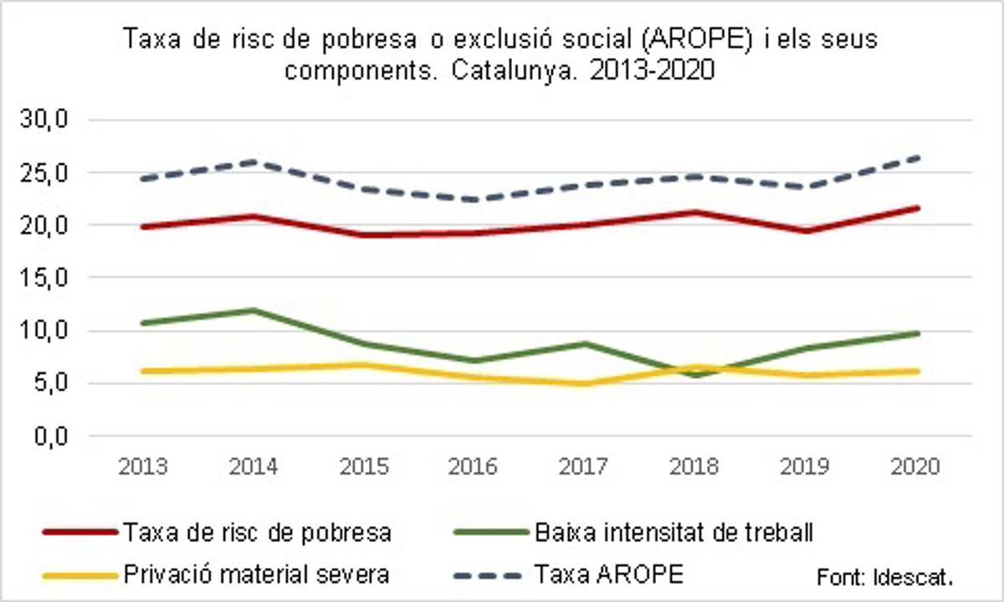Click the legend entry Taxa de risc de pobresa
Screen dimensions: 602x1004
click(x=257, y=533)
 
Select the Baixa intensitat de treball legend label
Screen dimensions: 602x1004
click(x=672, y=533)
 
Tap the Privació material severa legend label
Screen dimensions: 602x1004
click(x=256, y=575)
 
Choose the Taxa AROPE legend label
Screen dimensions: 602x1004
click(x=609, y=575)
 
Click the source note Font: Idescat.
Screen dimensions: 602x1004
click(x=884, y=578)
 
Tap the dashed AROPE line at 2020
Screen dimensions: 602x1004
click(x=919, y=157)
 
